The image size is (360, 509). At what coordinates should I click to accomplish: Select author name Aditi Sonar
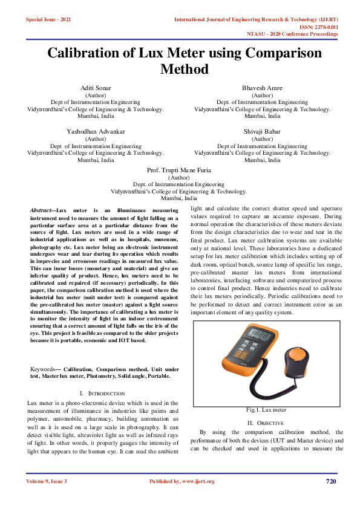tap(96, 88)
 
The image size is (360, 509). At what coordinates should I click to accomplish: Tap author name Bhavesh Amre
tap(262, 88)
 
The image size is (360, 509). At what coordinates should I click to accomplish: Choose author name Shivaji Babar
tap(262, 131)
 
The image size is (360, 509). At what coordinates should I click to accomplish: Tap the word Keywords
tap(43, 369)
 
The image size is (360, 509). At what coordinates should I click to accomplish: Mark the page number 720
tap(330, 481)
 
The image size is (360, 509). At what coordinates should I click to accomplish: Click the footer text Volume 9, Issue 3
tap(47, 481)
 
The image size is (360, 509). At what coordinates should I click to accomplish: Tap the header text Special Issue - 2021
tap(48, 20)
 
